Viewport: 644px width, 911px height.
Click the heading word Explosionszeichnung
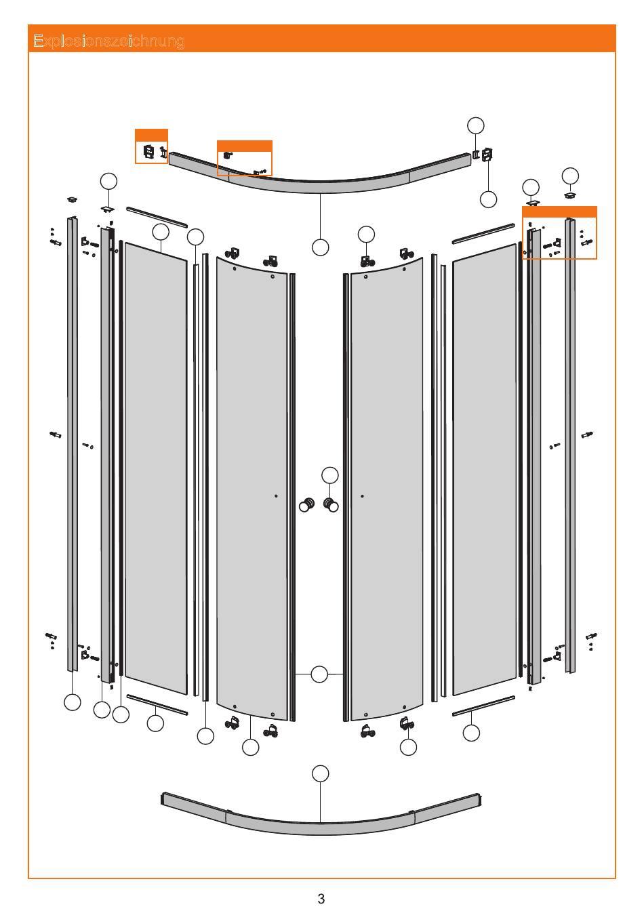108,41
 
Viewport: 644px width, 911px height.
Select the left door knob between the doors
306,504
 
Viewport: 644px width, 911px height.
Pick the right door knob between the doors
331,504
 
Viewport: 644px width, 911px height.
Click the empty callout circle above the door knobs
330,475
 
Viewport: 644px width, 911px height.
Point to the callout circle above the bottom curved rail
321,773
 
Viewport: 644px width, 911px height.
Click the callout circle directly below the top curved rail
321,247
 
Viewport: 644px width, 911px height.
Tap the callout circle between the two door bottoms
319,674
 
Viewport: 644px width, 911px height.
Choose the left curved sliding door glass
251,488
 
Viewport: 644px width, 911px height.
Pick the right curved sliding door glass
386,488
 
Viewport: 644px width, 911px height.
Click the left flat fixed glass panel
156,468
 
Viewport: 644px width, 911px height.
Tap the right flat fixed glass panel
485,468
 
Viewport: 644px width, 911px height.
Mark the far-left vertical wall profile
73,443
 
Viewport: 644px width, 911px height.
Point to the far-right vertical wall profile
570,445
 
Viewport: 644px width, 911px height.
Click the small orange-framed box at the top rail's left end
151,146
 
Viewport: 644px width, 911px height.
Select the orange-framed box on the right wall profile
559,232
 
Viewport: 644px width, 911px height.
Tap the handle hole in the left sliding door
276,495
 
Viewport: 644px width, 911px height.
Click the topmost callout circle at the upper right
476,125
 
